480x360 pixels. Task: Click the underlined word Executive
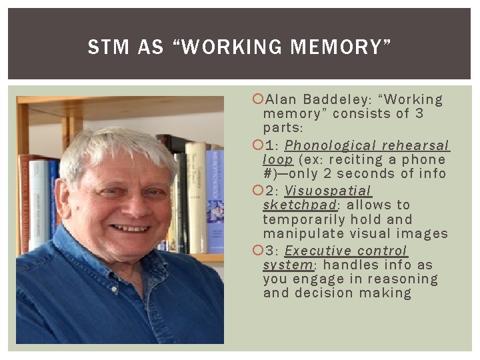click(317, 251)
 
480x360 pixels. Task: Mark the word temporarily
click(305, 220)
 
